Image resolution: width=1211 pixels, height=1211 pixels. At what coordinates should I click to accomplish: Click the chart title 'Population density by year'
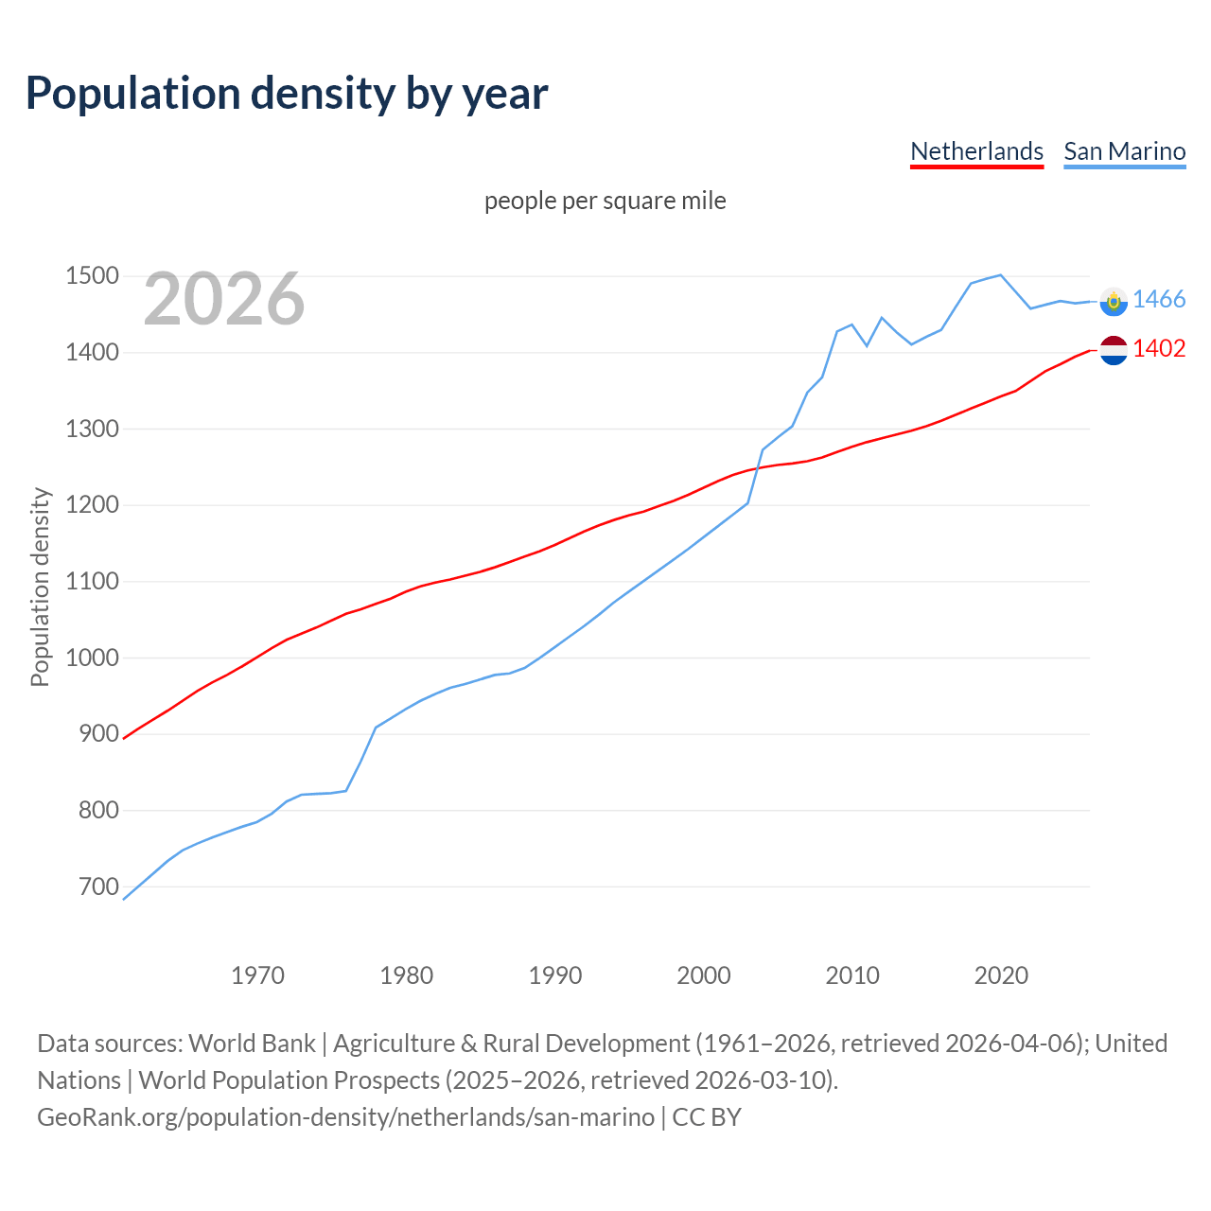coord(287,93)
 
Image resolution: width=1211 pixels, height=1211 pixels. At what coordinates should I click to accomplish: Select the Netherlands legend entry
coord(976,151)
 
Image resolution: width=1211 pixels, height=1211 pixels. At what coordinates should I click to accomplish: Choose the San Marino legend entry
coord(1124,151)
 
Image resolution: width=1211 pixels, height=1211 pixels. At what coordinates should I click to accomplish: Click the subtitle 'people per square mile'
coord(605,201)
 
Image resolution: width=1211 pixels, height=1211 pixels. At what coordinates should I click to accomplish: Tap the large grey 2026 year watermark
coord(224,299)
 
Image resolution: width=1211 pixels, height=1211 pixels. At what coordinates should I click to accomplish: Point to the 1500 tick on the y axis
coord(92,276)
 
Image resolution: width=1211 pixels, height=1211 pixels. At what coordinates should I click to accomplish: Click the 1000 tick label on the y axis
coord(92,658)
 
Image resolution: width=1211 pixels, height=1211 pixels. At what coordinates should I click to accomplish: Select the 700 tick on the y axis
coord(97,886)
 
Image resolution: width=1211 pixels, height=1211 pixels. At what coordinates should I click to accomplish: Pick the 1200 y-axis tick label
coord(92,505)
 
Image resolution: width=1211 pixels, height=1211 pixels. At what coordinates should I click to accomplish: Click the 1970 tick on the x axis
coord(257,975)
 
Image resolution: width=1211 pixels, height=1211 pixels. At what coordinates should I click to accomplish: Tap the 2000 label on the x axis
coord(704,975)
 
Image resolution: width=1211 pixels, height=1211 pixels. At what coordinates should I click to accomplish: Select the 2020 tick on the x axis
coord(1001,975)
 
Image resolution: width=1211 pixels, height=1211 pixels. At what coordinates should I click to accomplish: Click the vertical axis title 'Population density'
coord(40,587)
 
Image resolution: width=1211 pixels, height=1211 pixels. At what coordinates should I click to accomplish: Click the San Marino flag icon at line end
coord(1114,301)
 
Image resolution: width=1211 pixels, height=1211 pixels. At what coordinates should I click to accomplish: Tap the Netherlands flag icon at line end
coord(1114,350)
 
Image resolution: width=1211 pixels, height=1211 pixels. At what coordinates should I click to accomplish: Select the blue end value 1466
coord(1159,300)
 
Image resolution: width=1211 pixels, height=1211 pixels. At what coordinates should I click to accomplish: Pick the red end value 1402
coord(1159,349)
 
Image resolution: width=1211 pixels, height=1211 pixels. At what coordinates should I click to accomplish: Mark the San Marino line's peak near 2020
coord(1000,275)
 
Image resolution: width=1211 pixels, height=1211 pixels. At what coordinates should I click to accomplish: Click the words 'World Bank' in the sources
coord(252,1044)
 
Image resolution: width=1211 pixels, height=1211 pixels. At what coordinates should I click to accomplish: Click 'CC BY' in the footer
coord(707,1117)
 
